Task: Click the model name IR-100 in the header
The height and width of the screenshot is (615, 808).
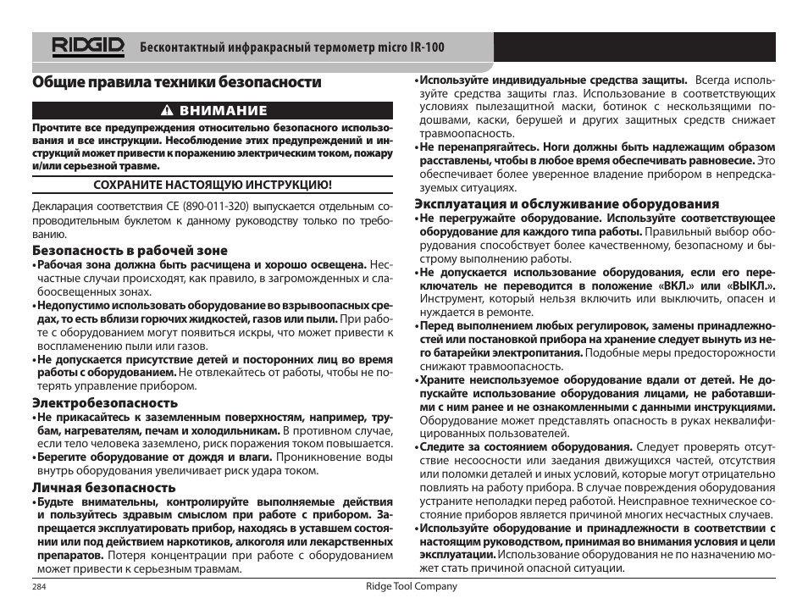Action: [x=427, y=47]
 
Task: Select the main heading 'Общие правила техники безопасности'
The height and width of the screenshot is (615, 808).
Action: [x=177, y=82]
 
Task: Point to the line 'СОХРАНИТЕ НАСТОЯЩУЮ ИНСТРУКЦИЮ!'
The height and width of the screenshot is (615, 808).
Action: [x=212, y=184]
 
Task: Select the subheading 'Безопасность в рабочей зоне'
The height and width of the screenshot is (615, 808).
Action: [x=130, y=250]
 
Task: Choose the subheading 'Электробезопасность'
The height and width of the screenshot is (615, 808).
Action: [x=105, y=402]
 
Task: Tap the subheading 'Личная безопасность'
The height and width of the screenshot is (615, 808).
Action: [x=104, y=487]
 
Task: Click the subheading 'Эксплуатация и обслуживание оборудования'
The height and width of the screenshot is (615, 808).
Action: [x=567, y=203]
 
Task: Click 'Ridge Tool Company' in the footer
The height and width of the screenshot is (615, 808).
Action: [x=412, y=586]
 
